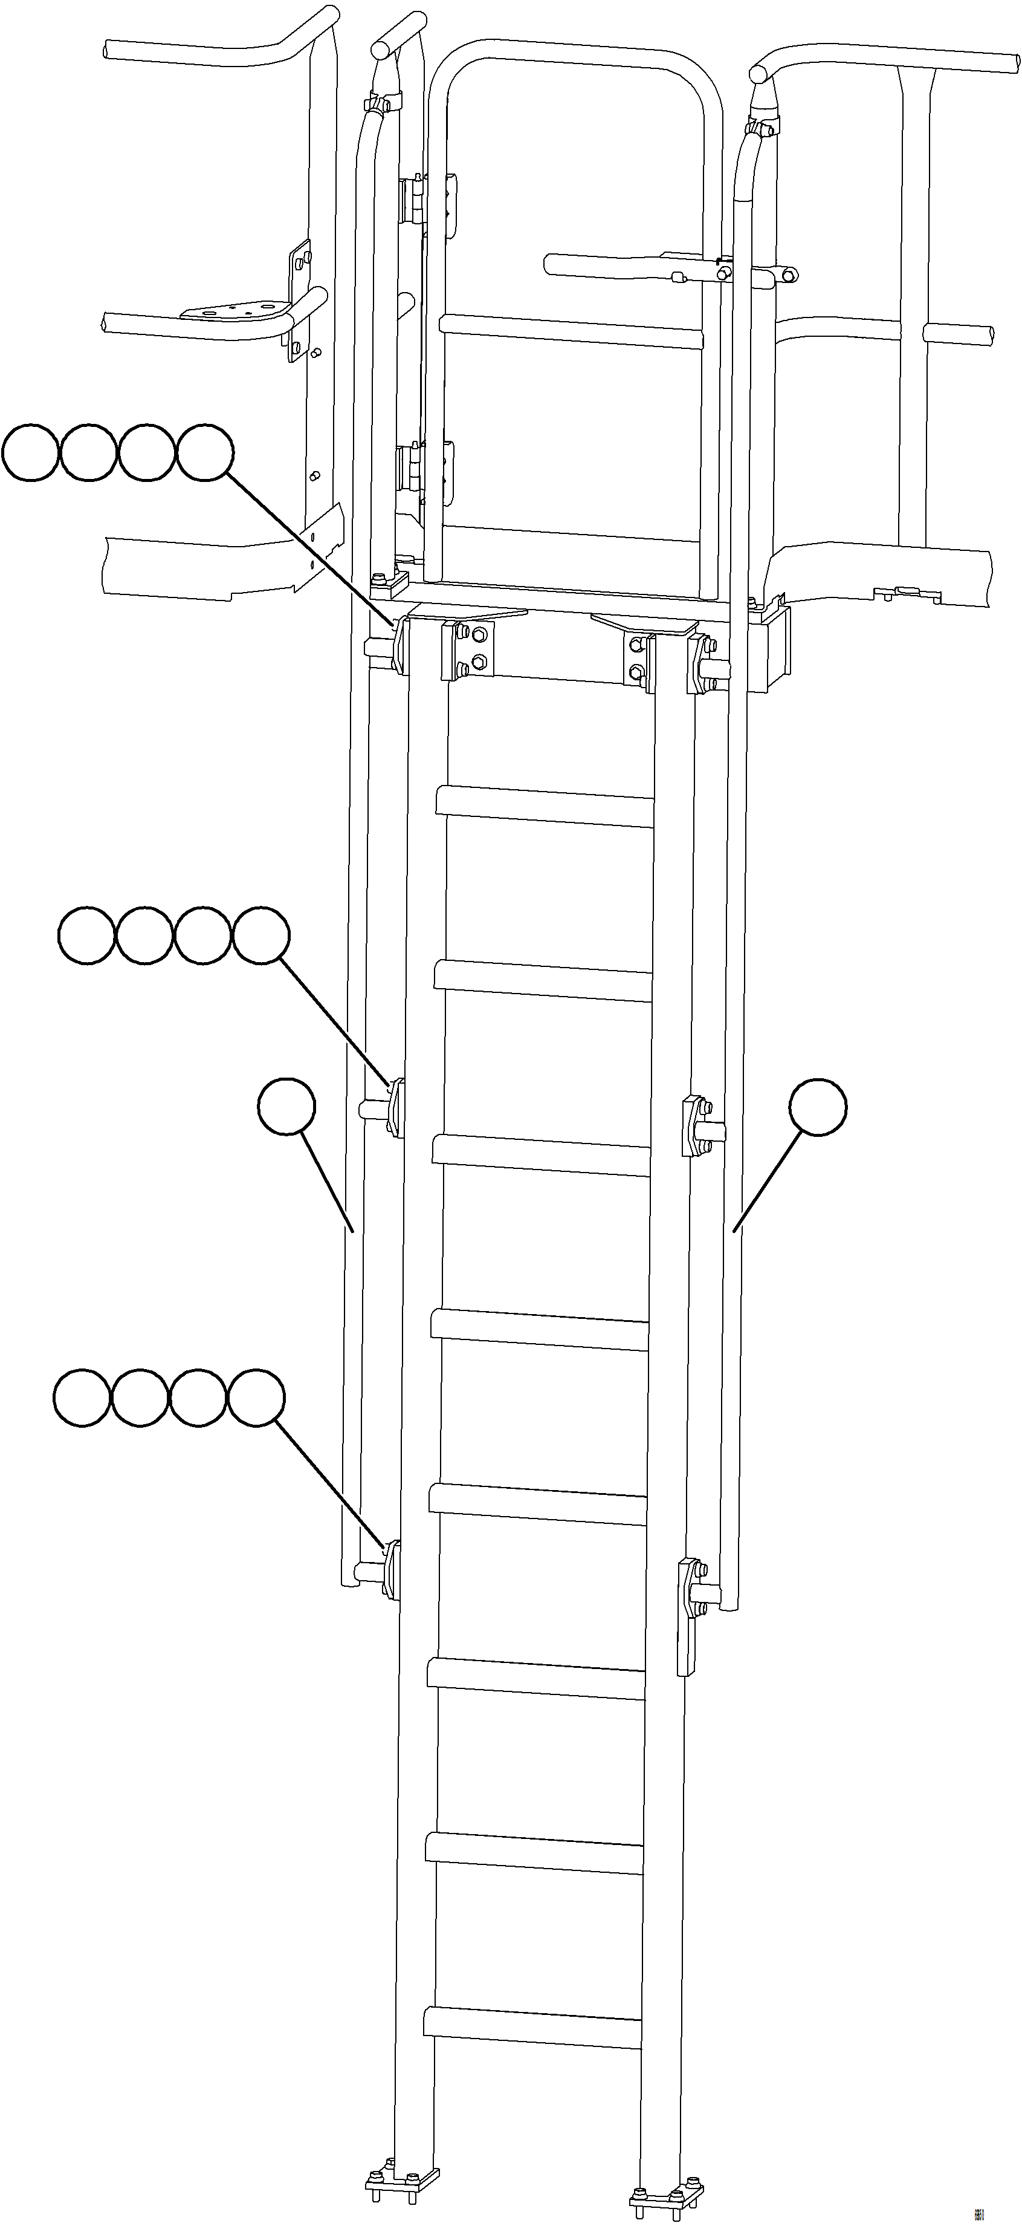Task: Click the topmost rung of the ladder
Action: point(546,805)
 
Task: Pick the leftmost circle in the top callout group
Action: point(30,450)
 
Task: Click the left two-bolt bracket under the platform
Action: point(467,650)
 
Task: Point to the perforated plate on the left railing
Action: point(236,310)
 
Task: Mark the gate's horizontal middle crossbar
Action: point(572,331)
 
